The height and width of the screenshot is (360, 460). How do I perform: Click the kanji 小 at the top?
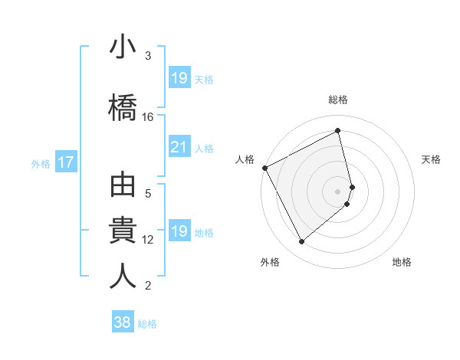pyautogui.click(x=123, y=48)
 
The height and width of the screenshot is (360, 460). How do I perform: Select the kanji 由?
pyautogui.click(x=123, y=188)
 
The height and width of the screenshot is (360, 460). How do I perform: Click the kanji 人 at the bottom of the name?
pyautogui.click(x=123, y=275)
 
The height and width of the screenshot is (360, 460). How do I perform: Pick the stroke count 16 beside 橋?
pyautogui.click(x=148, y=117)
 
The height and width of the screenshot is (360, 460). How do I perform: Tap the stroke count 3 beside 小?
pyautogui.click(x=148, y=56)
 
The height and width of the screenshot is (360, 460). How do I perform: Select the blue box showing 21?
pyautogui.click(x=179, y=148)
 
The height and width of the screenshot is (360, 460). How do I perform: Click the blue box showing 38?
pyautogui.click(x=123, y=323)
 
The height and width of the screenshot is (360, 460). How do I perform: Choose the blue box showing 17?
pyautogui.click(x=65, y=162)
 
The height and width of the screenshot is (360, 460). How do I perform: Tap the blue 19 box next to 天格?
pyautogui.click(x=179, y=78)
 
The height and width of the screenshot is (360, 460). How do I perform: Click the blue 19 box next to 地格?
pyautogui.click(x=179, y=232)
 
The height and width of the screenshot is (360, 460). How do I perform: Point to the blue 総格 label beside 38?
pyautogui.click(x=147, y=324)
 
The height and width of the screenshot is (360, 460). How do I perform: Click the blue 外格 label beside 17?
pyautogui.click(x=41, y=163)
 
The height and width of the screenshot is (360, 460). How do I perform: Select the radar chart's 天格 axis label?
pyautogui.click(x=431, y=159)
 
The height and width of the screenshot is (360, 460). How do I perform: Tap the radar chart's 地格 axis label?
pyautogui.click(x=402, y=262)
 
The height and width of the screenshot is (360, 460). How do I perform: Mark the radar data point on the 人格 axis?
pyautogui.click(x=264, y=168)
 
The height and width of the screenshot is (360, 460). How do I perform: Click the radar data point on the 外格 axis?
pyautogui.click(x=301, y=242)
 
